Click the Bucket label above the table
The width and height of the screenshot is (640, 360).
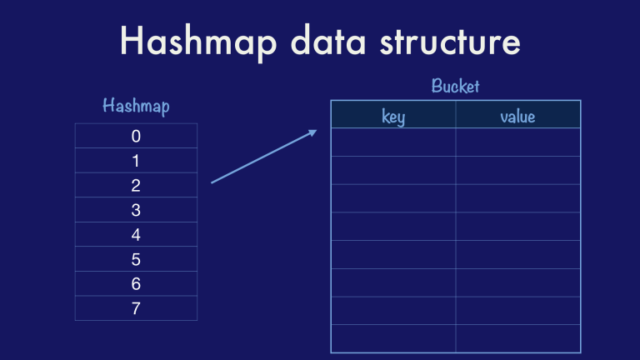(x=455, y=86)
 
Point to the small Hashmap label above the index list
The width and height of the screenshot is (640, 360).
(x=135, y=106)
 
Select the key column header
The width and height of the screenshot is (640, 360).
(x=393, y=116)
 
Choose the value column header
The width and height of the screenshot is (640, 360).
(x=517, y=116)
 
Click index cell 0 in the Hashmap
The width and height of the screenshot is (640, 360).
(x=136, y=136)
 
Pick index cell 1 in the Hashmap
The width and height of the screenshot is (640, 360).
(x=136, y=161)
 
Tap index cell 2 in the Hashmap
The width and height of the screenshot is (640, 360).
(x=136, y=185)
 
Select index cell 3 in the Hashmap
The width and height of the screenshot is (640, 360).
(x=136, y=210)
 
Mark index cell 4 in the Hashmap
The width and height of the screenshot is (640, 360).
(x=136, y=234)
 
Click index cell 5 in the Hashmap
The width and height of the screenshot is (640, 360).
(x=136, y=259)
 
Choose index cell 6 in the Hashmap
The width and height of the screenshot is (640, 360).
(x=136, y=283)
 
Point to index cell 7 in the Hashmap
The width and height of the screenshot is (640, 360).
(x=136, y=308)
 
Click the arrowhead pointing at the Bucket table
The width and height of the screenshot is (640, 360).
(x=312, y=132)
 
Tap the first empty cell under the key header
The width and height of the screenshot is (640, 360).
(x=393, y=142)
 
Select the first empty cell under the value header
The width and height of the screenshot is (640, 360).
(x=517, y=142)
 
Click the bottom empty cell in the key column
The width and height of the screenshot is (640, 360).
(x=393, y=338)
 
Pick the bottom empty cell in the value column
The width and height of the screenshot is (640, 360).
(x=517, y=338)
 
